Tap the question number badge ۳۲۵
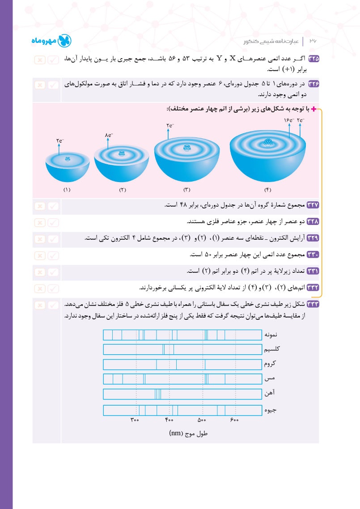[313, 59]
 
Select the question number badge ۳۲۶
[313, 84]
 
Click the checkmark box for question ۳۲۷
[53, 206]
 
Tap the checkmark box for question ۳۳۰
[53, 255]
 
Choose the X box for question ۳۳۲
[39, 288]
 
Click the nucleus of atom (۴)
[267, 143]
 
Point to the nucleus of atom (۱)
[68, 159]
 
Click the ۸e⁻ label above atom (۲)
[108, 135]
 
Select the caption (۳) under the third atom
[187, 190]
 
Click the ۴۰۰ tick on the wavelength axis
[169, 420]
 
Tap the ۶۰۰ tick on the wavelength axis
[235, 420]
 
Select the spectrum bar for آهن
[182, 394]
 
